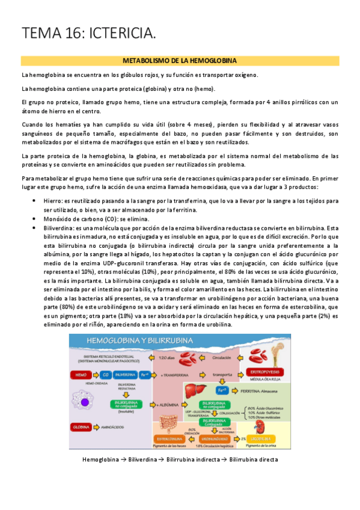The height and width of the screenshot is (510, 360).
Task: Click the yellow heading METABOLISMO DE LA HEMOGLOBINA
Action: click(x=180, y=61)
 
